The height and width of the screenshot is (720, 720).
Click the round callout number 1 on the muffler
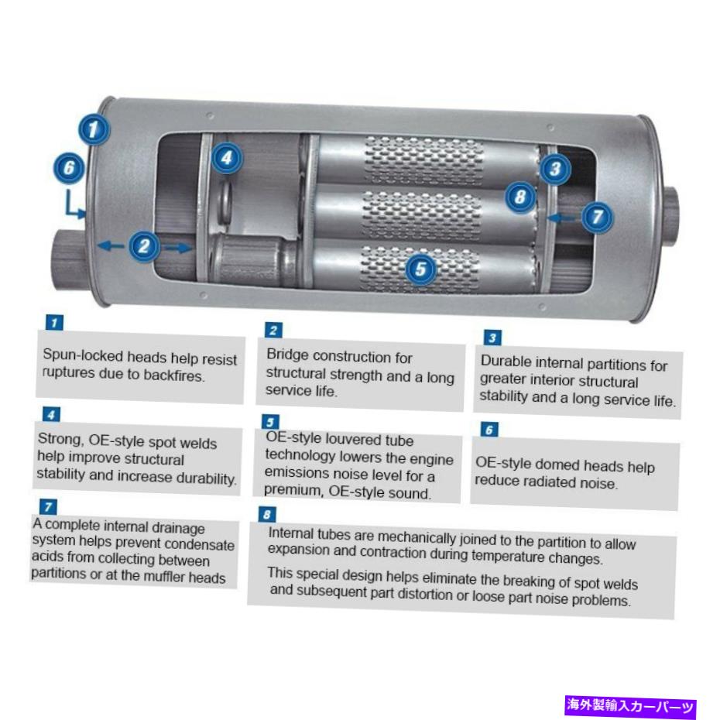(94, 129)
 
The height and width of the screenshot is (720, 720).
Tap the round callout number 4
(227, 158)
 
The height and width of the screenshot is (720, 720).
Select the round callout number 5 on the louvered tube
(420, 269)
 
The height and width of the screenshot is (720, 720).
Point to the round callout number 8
(520, 197)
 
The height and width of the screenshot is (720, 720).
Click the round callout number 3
(555, 169)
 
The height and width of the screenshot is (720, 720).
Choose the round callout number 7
(598, 217)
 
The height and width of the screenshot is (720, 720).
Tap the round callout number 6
(69, 167)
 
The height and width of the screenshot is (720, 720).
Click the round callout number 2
(145, 246)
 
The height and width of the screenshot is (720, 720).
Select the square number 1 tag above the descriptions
(54, 322)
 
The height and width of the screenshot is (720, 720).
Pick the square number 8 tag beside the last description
(267, 514)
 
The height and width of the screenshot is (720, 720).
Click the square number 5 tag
(270, 422)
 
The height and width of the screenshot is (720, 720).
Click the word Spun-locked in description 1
(83, 356)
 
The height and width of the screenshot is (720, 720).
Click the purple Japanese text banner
(630, 705)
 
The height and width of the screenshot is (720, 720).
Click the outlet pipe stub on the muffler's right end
(671, 215)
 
